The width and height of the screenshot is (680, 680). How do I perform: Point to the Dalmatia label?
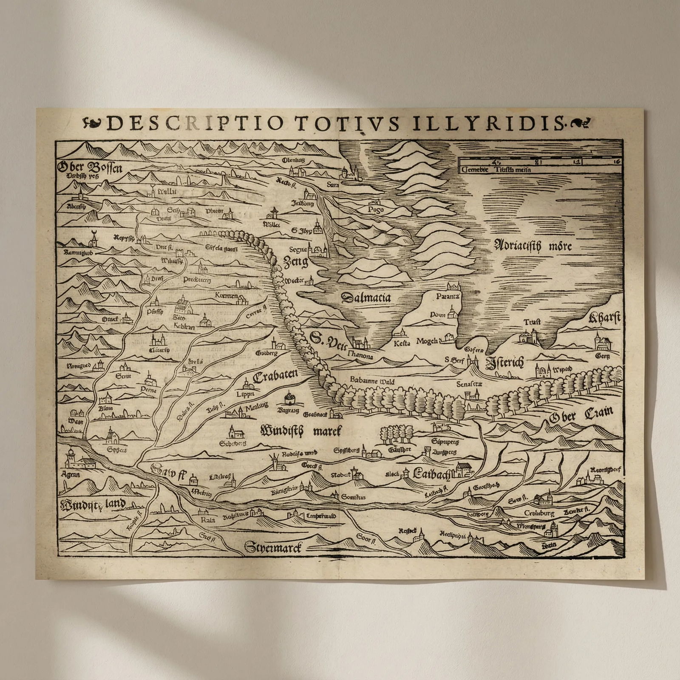(365, 297)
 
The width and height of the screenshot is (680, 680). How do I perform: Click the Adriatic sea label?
(533, 246)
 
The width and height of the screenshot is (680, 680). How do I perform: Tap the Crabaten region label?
(275, 377)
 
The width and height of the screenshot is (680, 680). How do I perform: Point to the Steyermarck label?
(273, 547)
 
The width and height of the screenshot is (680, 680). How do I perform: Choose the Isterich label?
(504, 363)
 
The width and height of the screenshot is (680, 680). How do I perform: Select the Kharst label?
(604, 318)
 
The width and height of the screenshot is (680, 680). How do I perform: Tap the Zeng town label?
(295, 262)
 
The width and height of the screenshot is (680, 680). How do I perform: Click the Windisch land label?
(93, 504)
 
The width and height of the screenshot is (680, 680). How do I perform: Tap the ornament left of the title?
(93, 123)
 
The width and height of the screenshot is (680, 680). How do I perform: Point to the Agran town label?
(71, 474)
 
